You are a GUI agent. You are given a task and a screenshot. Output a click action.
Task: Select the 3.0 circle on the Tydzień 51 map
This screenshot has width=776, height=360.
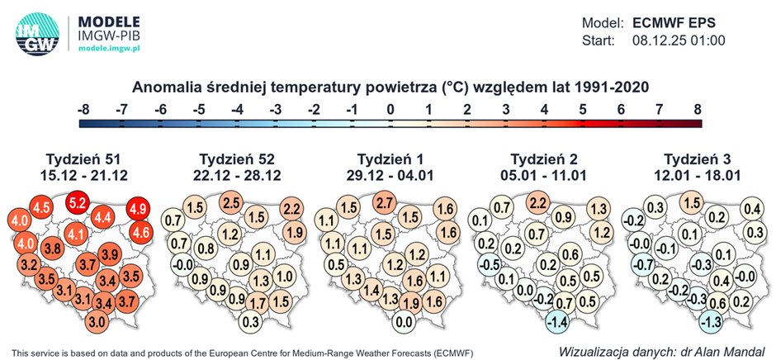pos(97,321)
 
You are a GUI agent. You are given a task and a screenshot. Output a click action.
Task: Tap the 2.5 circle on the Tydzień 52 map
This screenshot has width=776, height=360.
pos(232,201)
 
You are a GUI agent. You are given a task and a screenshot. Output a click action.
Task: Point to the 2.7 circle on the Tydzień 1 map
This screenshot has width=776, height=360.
pos(384,201)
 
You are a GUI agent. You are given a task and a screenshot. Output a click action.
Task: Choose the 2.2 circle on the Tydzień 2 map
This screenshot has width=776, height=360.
pos(537,201)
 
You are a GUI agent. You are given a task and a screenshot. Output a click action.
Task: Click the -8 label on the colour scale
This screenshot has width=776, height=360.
pos(83,108)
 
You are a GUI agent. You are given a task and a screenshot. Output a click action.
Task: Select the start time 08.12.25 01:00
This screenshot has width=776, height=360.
pos(678,40)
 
